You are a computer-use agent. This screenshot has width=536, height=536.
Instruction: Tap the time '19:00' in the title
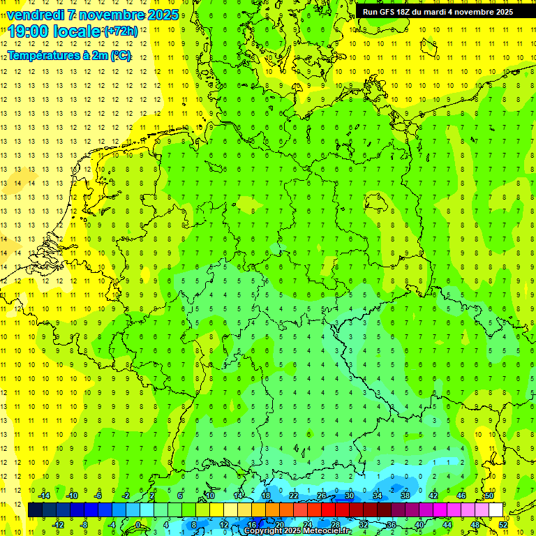tap(29, 31)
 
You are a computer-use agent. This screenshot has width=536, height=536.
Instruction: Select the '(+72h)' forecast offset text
tap(121, 31)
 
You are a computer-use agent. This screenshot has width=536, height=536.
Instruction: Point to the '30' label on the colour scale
tap(349, 496)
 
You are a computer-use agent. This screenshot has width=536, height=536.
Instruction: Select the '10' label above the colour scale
tap(209, 496)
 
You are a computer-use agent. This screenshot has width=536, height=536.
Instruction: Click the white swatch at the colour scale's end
tap(496, 510)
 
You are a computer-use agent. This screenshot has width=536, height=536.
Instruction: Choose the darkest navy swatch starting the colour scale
tap(35, 510)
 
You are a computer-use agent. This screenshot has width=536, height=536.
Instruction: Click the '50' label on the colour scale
tap(489, 496)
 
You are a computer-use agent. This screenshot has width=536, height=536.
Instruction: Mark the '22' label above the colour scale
tap(293, 496)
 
